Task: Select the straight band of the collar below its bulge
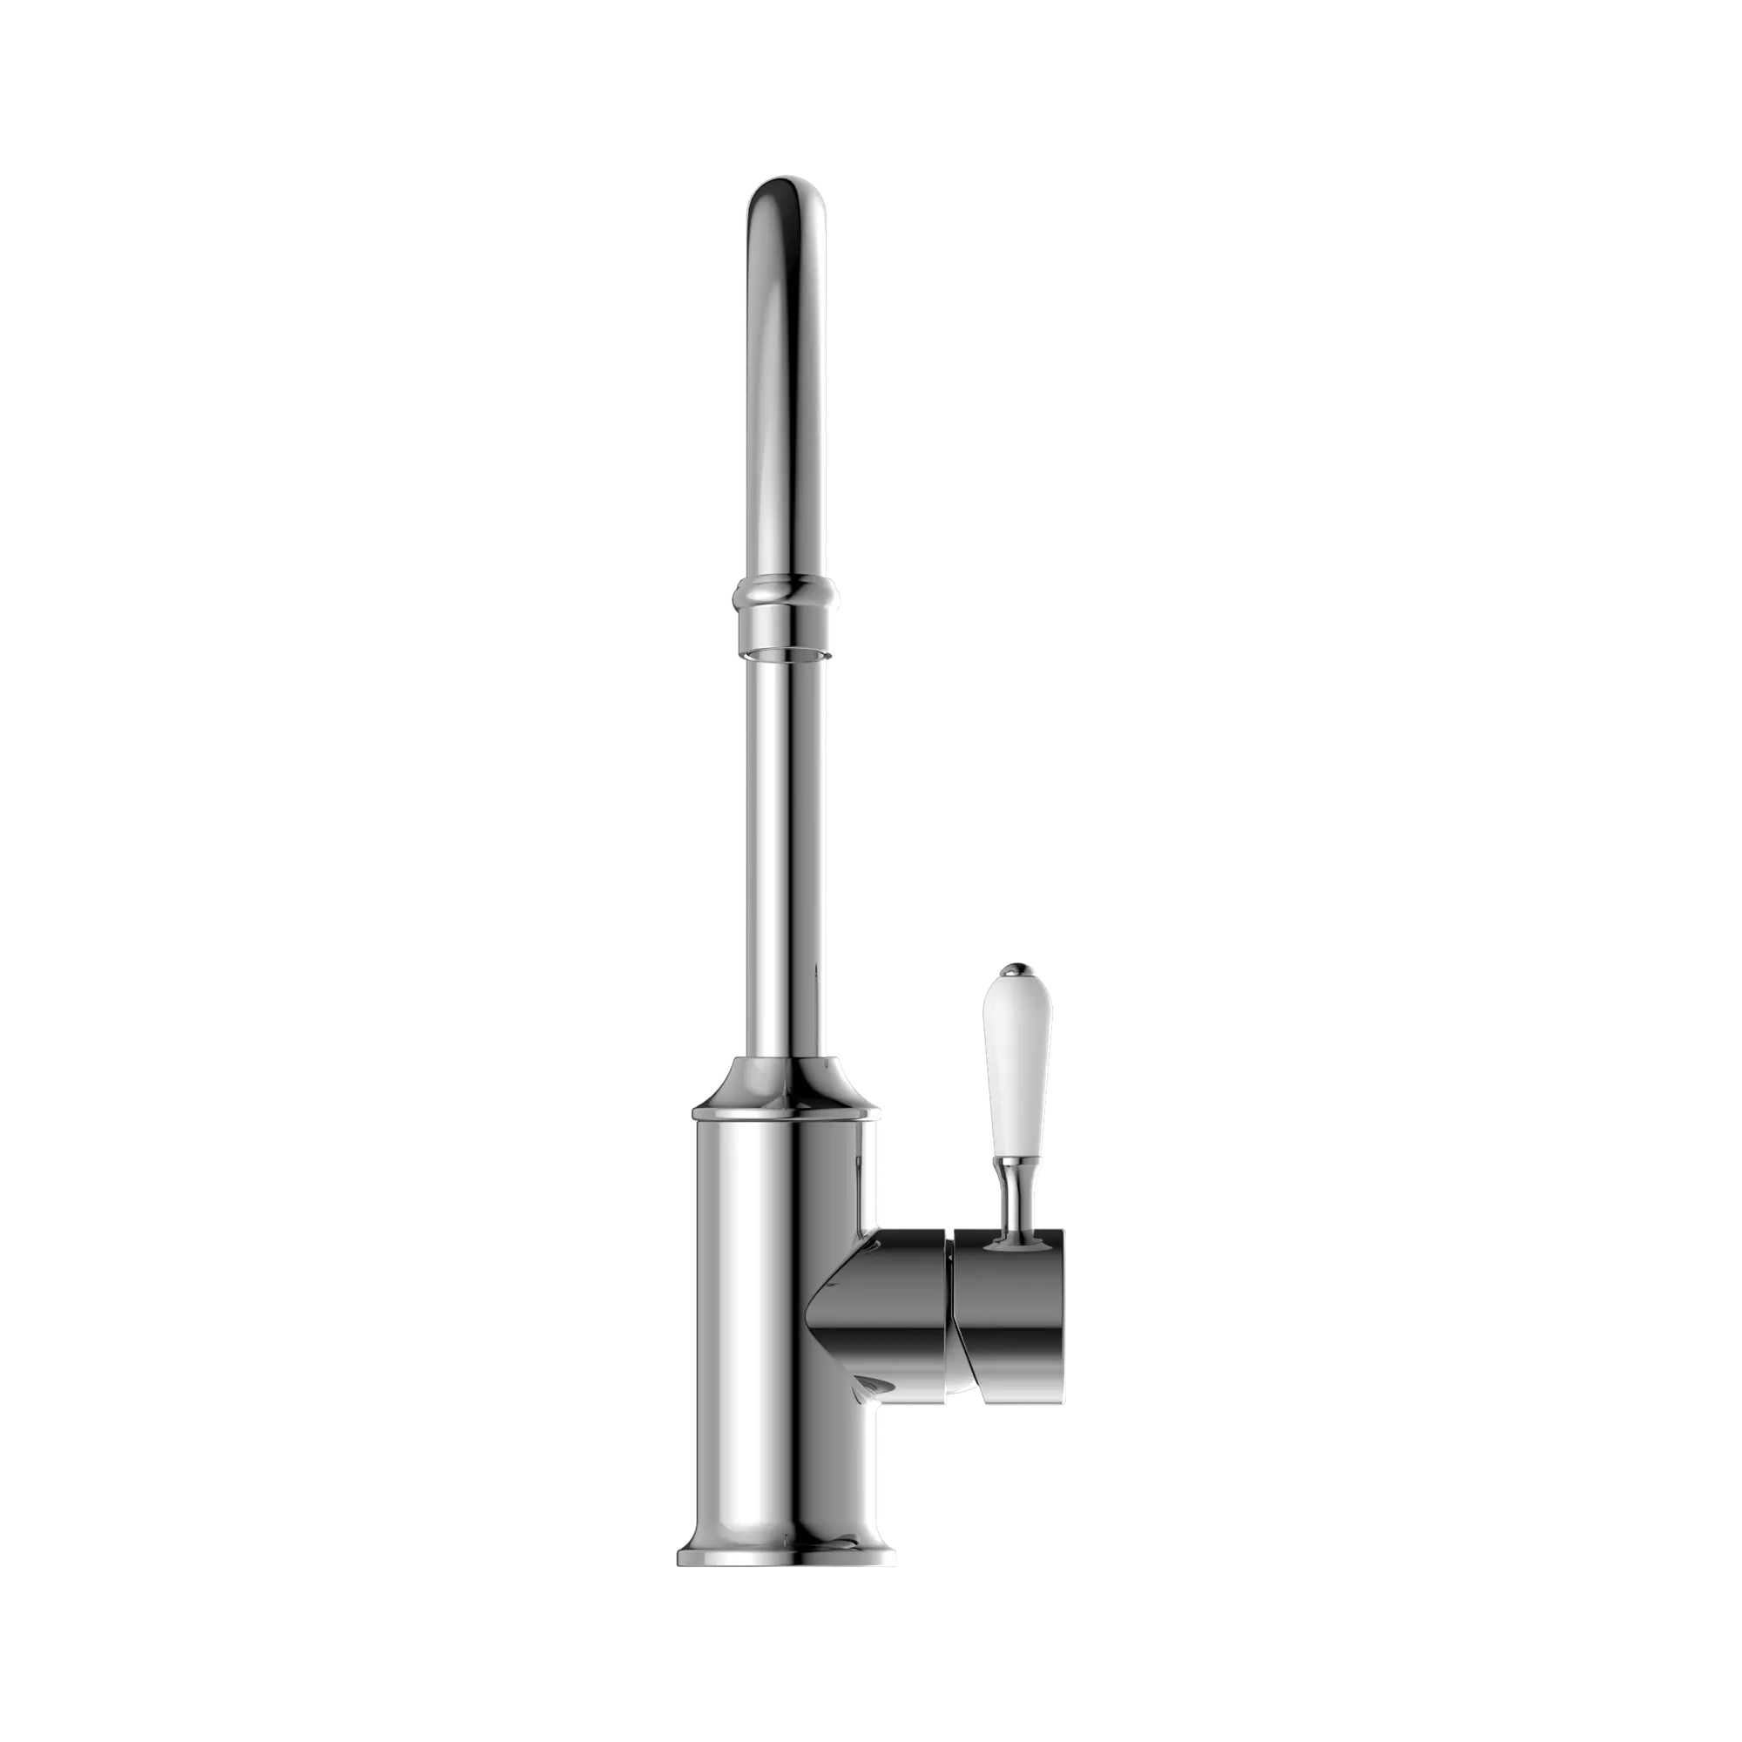tap(788, 622)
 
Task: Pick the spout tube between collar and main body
tap(788, 856)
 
